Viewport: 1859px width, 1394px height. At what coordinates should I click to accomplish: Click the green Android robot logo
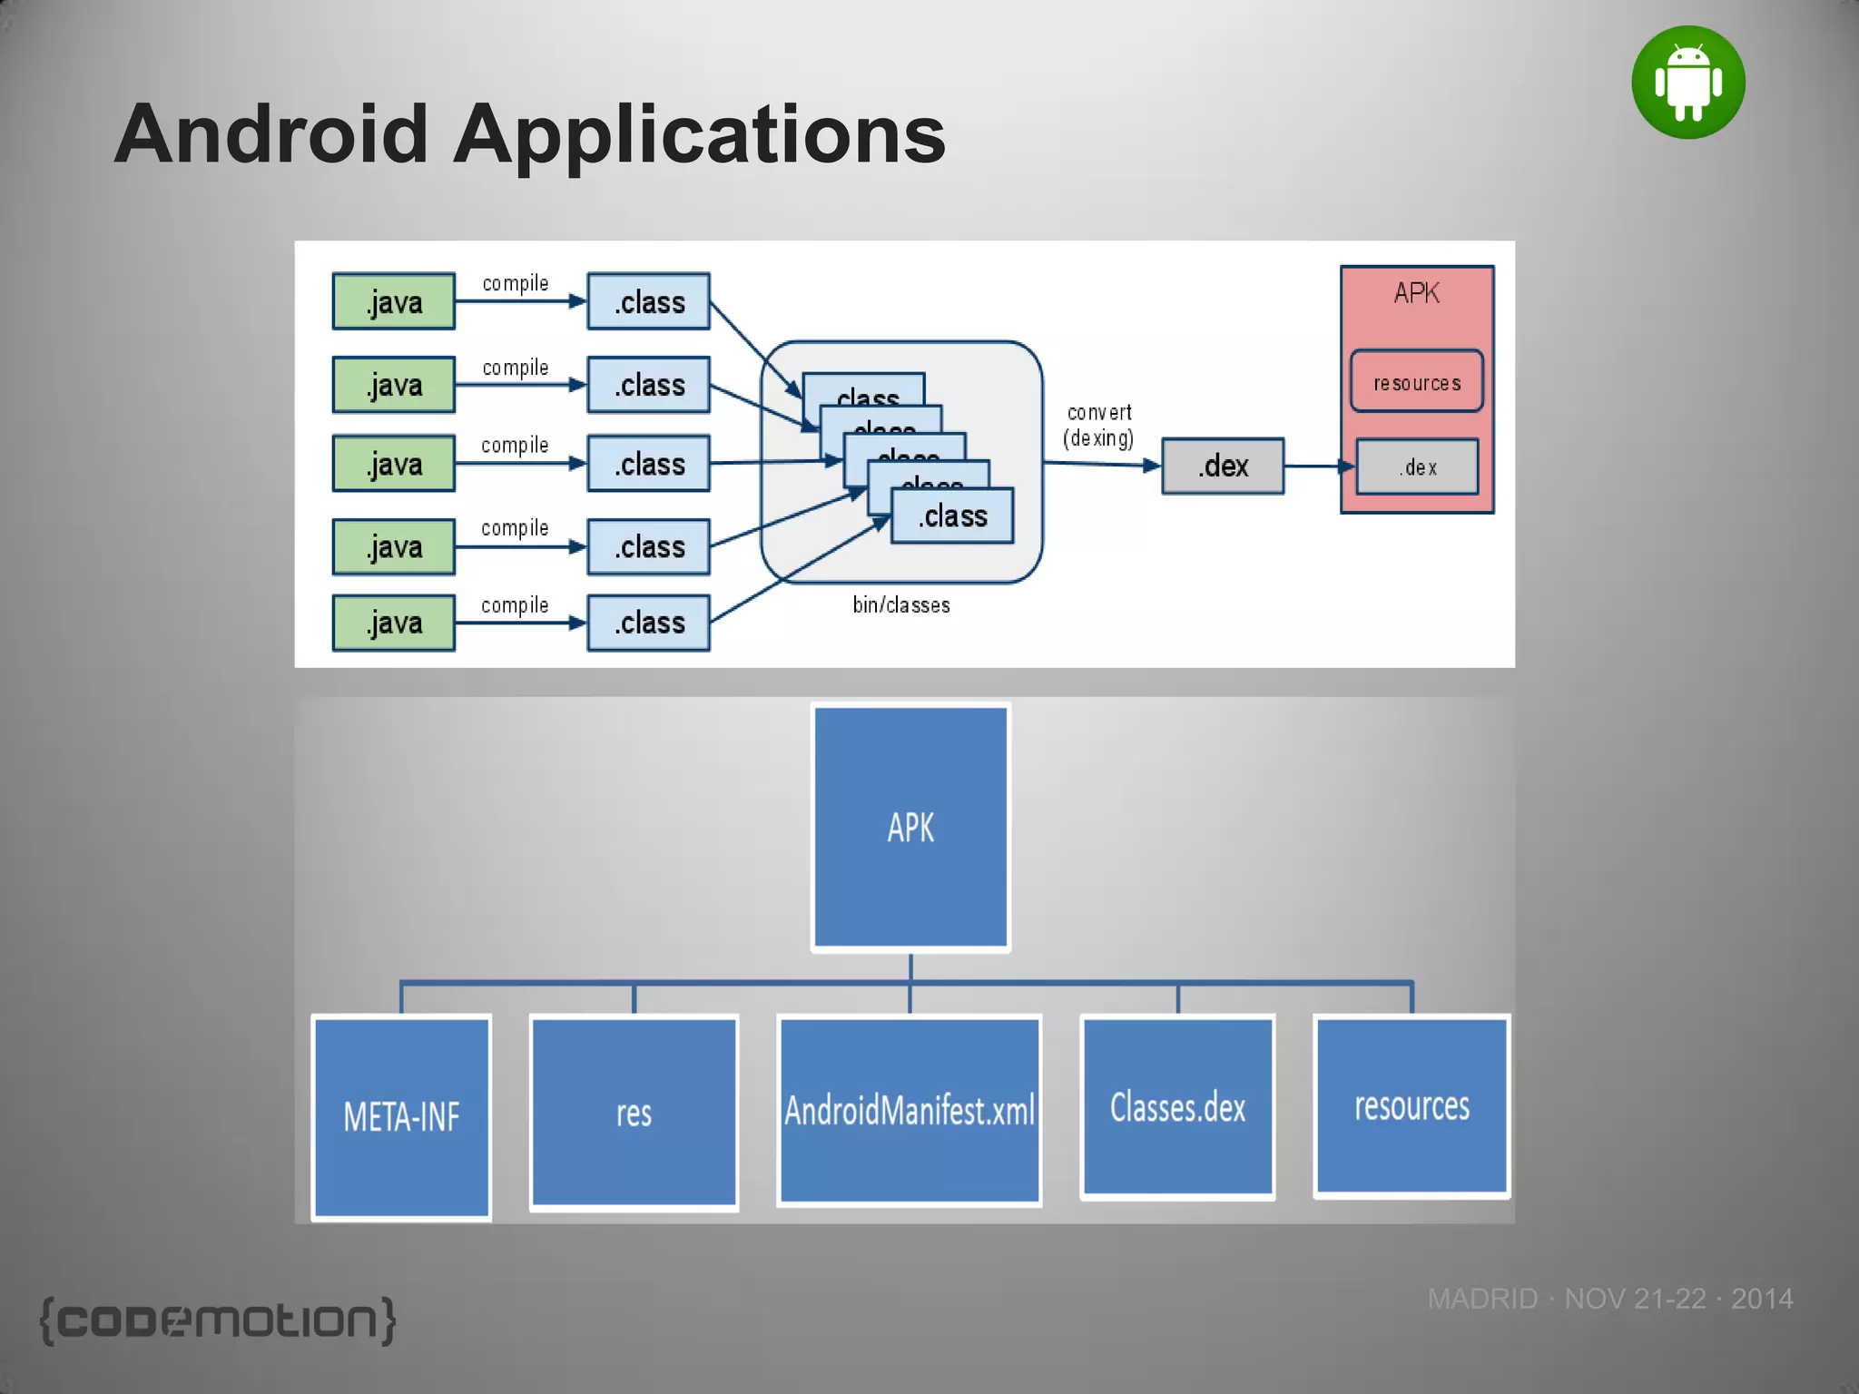coord(1687,83)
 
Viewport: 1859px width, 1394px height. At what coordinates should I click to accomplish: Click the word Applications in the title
coord(699,134)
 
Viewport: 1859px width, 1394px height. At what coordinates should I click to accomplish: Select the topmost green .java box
coord(393,301)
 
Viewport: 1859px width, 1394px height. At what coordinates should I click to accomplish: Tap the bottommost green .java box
coord(393,623)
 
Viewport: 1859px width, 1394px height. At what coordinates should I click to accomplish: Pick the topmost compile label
coord(515,283)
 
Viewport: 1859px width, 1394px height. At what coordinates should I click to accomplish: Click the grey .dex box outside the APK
coord(1223,466)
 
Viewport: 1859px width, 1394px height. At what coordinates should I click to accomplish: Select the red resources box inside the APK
coord(1416,382)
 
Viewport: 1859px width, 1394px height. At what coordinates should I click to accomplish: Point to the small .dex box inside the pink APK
coord(1417,467)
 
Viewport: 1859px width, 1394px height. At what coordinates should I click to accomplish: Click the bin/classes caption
coord(900,605)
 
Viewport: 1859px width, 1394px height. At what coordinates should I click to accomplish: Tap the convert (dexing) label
coord(1098,426)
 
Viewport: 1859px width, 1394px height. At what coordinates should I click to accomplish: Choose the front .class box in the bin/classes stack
coord(952,516)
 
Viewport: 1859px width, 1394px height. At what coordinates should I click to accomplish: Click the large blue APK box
coord(910,827)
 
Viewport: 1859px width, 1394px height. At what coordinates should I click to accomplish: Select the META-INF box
coord(401,1116)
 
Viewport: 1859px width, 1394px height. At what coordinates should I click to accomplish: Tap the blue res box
coord(634,1113)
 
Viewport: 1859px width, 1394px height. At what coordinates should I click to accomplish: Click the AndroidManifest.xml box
coord(910,1111)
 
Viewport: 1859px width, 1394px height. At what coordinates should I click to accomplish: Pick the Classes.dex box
coord(1177,1107)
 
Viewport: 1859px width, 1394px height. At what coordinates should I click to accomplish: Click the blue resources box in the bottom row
coord(1411,1105)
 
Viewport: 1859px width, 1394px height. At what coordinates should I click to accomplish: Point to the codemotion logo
coord(218,1320)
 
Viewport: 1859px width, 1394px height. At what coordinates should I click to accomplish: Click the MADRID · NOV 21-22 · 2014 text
coord(1609,1299)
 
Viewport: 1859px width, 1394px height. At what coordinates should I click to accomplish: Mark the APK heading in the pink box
coord(1416,293)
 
